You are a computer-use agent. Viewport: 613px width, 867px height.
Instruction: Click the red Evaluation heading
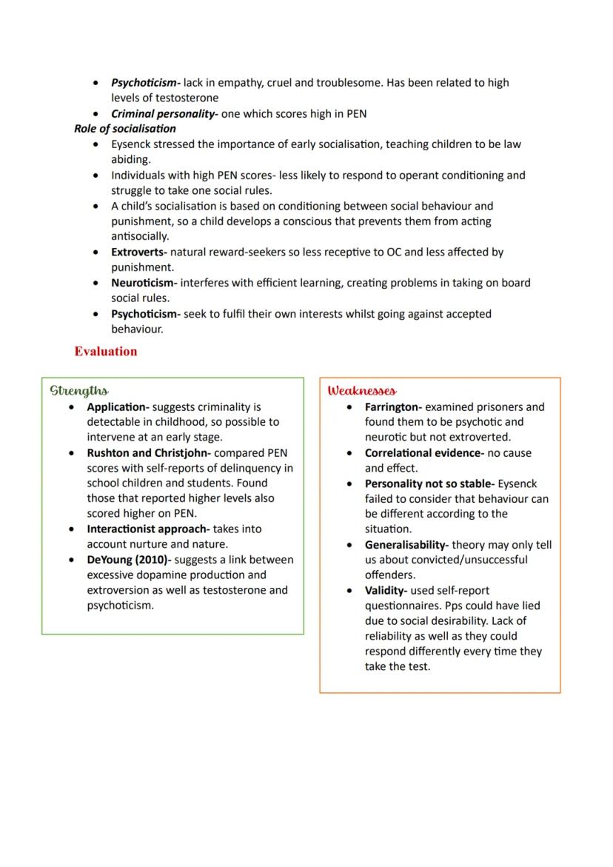pyautogui.click(x=105, y=351)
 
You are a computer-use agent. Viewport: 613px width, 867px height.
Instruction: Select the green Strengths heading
pyautogui.click(x=78, y=390)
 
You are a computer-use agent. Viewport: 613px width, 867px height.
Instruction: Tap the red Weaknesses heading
pyautogui.click(x=361, y=390)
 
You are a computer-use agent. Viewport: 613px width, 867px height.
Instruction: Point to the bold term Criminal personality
pyautogui.click(x=164, y=113)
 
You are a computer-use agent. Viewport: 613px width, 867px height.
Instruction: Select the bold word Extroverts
pyautogui.click(x=138, y=252)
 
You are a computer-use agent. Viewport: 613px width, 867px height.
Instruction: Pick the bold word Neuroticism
pyautogui.click(x=142, y=283)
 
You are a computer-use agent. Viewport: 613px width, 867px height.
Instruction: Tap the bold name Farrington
pyautogui.click(x=392, y=406)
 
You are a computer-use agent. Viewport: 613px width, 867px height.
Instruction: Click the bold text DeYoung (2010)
pyautogui.click(x=127, y=560)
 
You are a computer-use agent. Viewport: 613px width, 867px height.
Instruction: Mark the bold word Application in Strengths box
pyautogui.click(x=117, y=406)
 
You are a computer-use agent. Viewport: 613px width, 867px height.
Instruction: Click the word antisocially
pyautogui.click(x=140, y=236)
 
